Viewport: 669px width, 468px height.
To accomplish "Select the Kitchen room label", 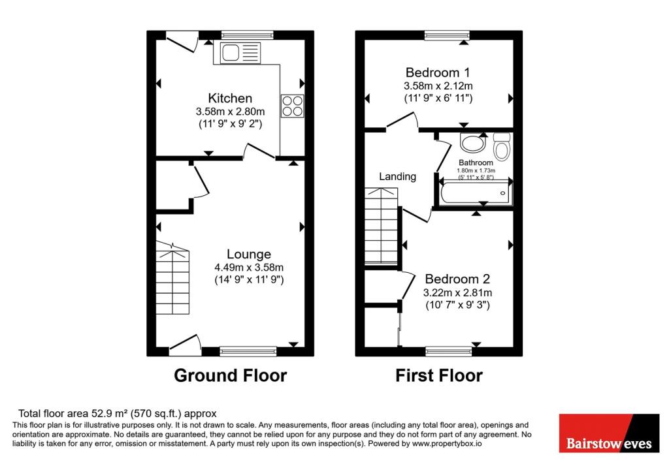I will click(x=230, y=99).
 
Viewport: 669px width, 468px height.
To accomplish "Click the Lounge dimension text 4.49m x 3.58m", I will click(x=249, y=267).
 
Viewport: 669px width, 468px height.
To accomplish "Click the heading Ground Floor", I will click(x=230, y=376).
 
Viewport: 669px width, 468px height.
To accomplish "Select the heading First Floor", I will click(x=439, y=376).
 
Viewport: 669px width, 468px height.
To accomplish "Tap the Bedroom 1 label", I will click(x=438, y=72).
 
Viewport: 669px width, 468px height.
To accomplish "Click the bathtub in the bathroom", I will click(x=476, y=193).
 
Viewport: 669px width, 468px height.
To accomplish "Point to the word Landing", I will click(x=398, y=176).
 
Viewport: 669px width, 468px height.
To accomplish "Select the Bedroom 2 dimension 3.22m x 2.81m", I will click(x=457, y=293).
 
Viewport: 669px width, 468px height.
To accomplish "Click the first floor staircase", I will click(x=380, y=225).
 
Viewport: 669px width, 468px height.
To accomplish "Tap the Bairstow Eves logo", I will click(x=609, y=433).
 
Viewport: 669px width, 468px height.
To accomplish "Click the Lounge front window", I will click(x=248, y=352).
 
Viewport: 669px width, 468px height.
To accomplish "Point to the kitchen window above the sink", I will click(x=246, y=34).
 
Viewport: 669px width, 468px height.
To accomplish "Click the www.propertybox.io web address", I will click(x=446, y=443).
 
